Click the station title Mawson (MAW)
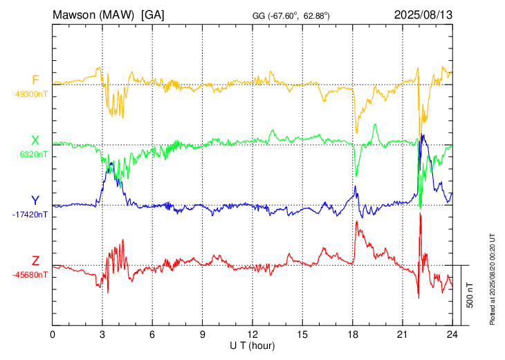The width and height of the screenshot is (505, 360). [93, 15]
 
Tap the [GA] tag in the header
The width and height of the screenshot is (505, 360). [153, 15]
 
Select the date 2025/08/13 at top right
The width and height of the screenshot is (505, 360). [423, 15]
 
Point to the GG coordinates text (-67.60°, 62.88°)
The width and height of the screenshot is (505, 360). [291, 16]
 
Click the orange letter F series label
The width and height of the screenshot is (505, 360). [35, 80]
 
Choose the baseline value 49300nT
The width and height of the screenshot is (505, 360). [31, 94]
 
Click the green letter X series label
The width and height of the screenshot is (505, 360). [35, 141]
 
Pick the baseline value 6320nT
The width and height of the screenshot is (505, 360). [33, 154]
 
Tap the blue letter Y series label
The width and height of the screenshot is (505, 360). [35, 201]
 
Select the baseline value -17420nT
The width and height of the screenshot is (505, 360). [30, 215]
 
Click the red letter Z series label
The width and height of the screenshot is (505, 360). [35, 260]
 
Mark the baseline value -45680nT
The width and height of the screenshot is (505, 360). [30, 275]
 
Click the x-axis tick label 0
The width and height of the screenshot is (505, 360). [53, 334]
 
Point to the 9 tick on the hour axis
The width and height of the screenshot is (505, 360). [203, 334]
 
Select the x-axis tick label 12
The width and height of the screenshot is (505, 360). [252, 334]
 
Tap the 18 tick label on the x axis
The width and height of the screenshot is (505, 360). [353, 334]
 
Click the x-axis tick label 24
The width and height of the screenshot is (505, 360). [452, 334]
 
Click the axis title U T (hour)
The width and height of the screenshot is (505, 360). [252, 346]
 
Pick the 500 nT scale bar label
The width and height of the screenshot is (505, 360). [470, 295]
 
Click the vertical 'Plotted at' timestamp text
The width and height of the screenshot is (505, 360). [492, 279]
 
